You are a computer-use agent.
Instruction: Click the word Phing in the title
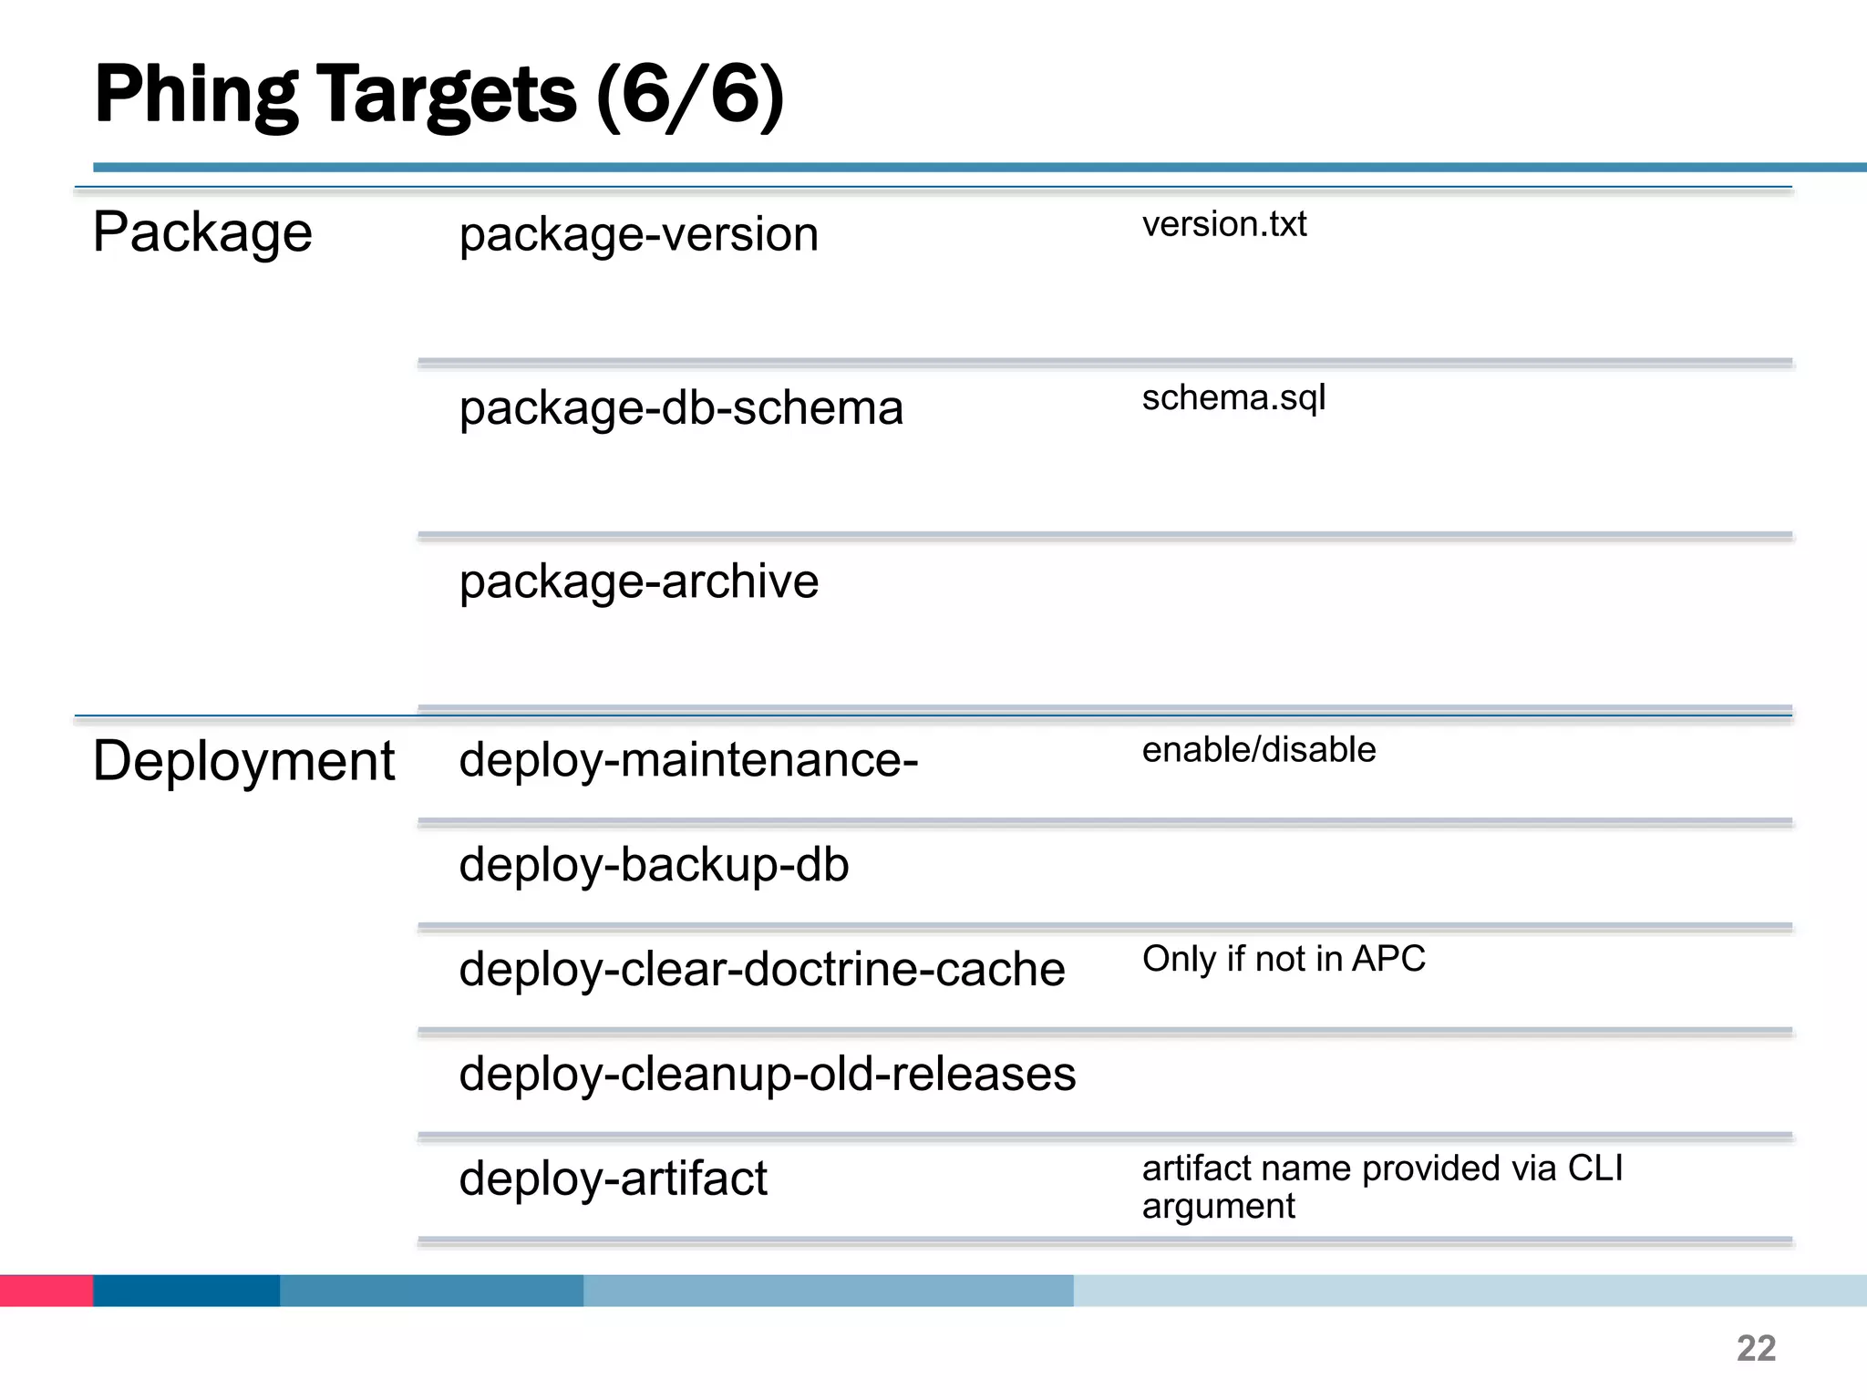196,96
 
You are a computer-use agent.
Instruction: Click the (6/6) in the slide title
690,96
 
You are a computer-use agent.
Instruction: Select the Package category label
202,233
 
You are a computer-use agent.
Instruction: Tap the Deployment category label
243,761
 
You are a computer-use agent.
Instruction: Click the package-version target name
638,234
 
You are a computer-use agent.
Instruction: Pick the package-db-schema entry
681,408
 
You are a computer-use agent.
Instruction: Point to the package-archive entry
638,582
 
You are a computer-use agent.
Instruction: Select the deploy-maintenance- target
688,759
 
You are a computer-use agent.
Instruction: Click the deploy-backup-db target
654,864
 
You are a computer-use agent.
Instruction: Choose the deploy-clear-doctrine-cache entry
761,969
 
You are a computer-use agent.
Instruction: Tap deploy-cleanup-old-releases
767,1074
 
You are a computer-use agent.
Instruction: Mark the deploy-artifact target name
613,1179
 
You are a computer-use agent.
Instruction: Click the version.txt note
1223,224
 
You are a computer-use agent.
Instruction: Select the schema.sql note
1233,398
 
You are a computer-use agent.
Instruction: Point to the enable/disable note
1258,750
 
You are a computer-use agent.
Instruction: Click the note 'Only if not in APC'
1283,959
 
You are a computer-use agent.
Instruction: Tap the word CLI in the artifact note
1594,1168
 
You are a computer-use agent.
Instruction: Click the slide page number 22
1756,1348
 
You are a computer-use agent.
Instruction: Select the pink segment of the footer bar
46,1291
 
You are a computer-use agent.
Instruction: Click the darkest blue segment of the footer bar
186,1291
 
